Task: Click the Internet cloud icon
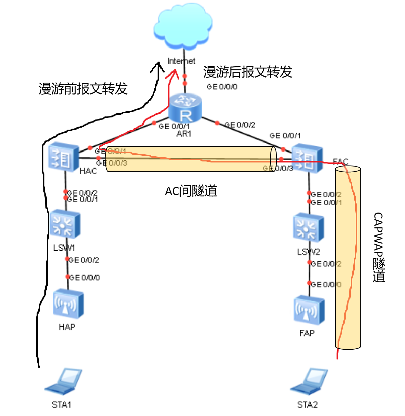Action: (x=183, y=27)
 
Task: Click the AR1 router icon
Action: (x=185, y=108)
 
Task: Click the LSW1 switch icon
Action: (x=65, y=224)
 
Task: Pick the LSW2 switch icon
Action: (x=308, y=227)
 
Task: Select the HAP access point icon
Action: (x=68, y=304)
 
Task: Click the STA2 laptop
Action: (x=309, y=382)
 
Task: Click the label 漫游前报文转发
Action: (x=83, y=89)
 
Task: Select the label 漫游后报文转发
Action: (x=247, y=72)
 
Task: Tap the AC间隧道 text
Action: (x=191, y=191)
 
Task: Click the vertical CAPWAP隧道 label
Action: (x=379, y=247)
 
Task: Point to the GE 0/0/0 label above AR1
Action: (x=222, y=87)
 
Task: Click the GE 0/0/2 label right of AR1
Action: (x=240, y=125)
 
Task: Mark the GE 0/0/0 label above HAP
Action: (x=85, y=278)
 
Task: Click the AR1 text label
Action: (x=184, y=134)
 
